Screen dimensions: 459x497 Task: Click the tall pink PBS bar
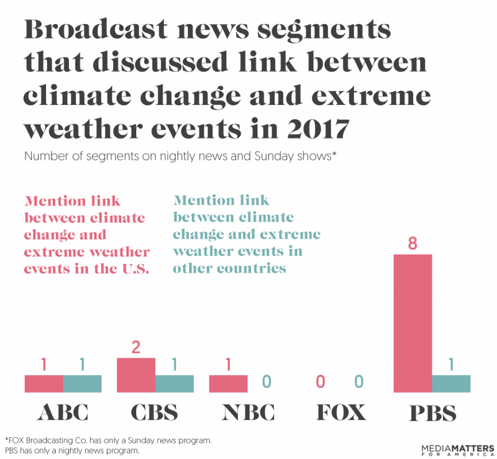click(413, 323)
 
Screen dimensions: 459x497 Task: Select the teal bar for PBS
click(451, 384)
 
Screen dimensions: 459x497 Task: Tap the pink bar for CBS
click(136, 375)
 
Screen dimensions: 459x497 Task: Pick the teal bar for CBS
click(175, 384)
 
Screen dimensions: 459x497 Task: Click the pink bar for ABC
click(43, 384)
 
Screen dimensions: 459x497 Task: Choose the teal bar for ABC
click(82, 384)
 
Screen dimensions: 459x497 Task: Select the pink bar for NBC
click(228, 384)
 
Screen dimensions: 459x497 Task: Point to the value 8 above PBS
click(413, 243)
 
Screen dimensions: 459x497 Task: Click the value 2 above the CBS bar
click(136, 347)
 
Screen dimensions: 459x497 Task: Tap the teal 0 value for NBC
click(267, 381)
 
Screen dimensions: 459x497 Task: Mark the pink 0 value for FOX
click(321, 381)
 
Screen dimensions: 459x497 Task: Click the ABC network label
click(62, 412)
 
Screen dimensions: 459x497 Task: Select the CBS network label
click(155, 412)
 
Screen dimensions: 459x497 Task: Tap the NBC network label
click(247, 412)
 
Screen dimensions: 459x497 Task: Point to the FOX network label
click(339, 412)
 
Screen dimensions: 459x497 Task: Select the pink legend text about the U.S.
click(87, 235)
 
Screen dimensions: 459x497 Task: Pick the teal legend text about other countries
click(247, 234)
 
